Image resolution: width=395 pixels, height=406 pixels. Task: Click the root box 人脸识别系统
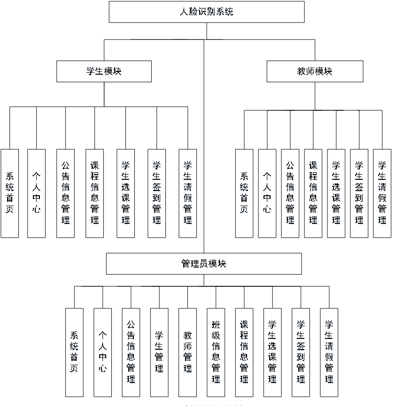(207, 12)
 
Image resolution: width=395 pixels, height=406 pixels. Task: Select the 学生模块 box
(104, 71)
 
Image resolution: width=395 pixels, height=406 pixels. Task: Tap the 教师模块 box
(315, 71)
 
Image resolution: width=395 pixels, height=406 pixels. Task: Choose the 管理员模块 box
(204, 264)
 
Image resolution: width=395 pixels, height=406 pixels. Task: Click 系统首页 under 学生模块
(9, 193)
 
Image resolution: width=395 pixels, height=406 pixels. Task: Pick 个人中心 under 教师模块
(267, 193)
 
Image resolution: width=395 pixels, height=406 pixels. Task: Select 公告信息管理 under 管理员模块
(131, 352)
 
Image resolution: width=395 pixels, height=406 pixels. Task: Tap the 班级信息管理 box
(216, 352)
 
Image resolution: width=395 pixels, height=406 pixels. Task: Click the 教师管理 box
(188, 352)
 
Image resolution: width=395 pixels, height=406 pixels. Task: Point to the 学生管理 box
(159, 352)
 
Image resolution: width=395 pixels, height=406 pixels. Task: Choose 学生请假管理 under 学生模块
(187, 193)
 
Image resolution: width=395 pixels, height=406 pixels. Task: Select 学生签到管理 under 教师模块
(359, 193)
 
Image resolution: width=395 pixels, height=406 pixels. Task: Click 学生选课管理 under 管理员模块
(272, 352)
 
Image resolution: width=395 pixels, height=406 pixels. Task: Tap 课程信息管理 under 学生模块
(94, 193)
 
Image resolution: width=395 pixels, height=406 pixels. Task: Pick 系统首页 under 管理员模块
(74, 352)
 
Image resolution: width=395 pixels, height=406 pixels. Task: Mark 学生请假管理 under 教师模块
(382, 193)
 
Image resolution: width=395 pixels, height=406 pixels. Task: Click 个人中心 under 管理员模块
(102, 352)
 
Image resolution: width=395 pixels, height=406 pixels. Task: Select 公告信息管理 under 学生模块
(65, 193)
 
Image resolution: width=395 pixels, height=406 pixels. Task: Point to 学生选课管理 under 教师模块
(336, 193)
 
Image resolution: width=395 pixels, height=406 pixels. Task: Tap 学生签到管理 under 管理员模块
(301, 352)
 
